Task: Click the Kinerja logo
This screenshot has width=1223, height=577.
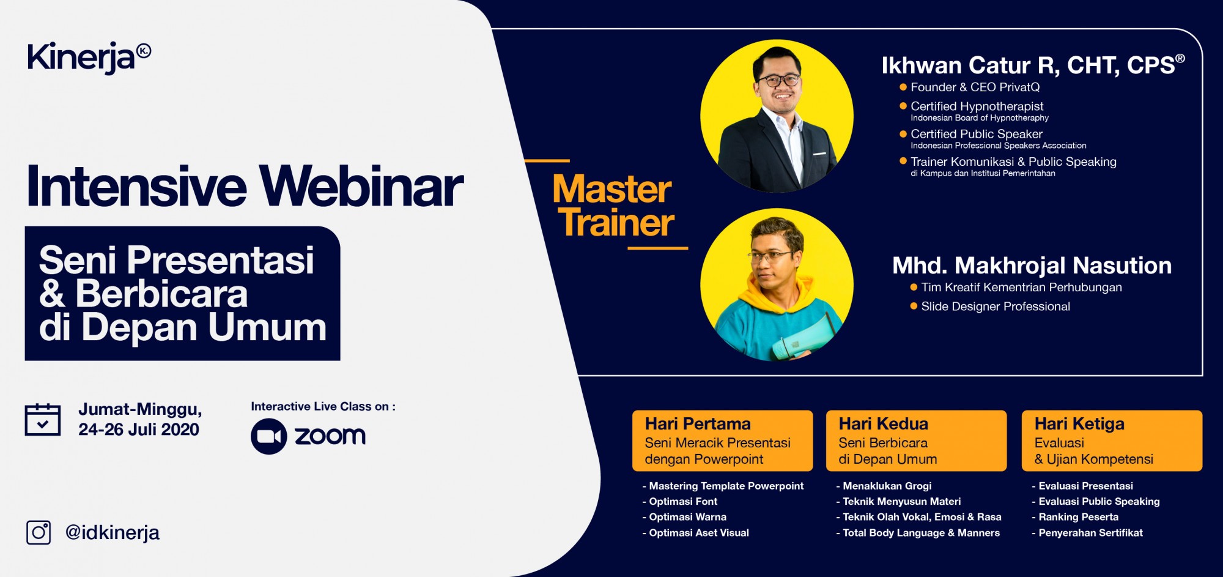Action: [89, 58]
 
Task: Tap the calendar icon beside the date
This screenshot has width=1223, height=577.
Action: [43, 420]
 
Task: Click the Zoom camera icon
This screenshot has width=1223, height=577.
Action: [269, 436]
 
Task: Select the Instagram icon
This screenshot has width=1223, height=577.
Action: [39, 532]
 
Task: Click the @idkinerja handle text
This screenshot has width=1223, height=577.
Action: [113, 533]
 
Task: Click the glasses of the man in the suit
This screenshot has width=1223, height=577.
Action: [778, 80]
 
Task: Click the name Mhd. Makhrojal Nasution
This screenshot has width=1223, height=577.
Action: [1032, 266]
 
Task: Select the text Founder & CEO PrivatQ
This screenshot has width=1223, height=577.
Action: [975, 87]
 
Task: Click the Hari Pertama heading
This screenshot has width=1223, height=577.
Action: [698, 423]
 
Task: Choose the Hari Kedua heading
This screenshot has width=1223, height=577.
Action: [883, 423]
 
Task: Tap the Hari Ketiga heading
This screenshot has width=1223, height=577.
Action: [1079, 424]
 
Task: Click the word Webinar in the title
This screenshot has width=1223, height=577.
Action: [361, 186]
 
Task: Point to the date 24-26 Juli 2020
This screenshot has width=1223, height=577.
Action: [139, 430]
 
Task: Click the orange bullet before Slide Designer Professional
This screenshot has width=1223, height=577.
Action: [914, 306]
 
